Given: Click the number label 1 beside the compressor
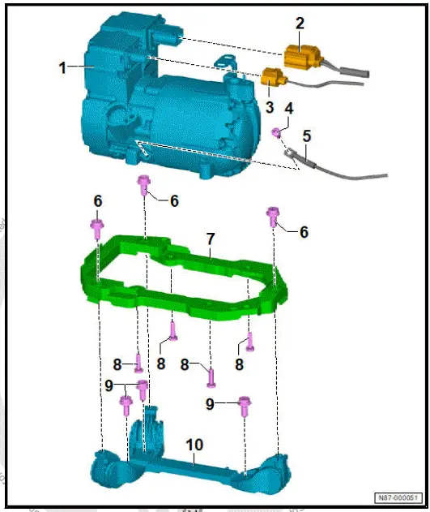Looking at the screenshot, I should point(62,68).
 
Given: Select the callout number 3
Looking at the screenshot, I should point(269,106).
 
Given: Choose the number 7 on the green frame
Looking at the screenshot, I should point(210,239).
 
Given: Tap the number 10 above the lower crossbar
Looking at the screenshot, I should point(194,445).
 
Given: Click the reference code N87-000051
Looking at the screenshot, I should point(399,497).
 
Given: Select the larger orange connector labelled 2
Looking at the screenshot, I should point(305,57).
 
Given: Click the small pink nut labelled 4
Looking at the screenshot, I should point(277,131).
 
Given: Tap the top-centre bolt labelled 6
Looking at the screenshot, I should point(144,184).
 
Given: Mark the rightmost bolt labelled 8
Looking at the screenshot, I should point(250,343).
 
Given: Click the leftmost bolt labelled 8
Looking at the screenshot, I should point(138,363).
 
